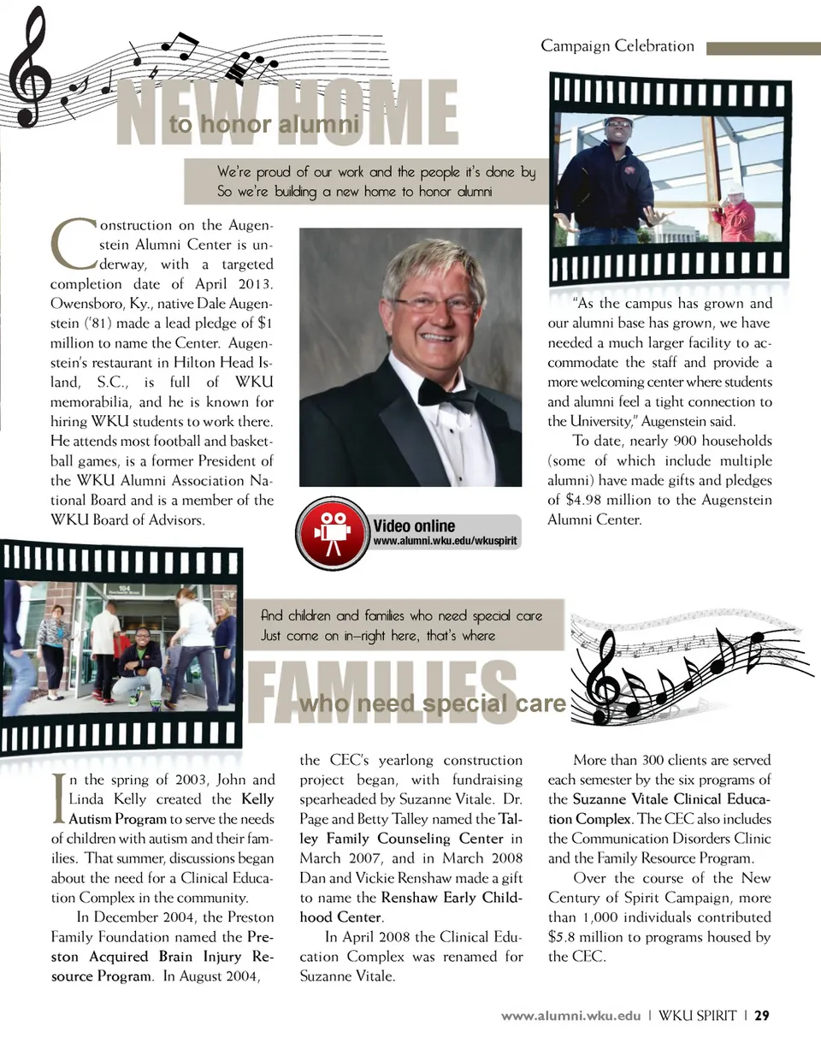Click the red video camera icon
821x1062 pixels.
(333, 532)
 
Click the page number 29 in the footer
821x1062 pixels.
(762, 1016)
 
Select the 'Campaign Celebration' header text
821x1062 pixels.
(617, 46)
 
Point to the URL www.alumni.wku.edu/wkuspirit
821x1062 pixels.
(445, 541)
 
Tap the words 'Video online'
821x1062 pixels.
(414, 525)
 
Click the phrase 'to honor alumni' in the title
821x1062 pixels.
(264, 125)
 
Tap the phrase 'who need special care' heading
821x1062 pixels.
(433, 703)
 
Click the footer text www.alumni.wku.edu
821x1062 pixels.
(570, 1016)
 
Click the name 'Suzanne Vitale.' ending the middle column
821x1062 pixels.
(347, 976)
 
